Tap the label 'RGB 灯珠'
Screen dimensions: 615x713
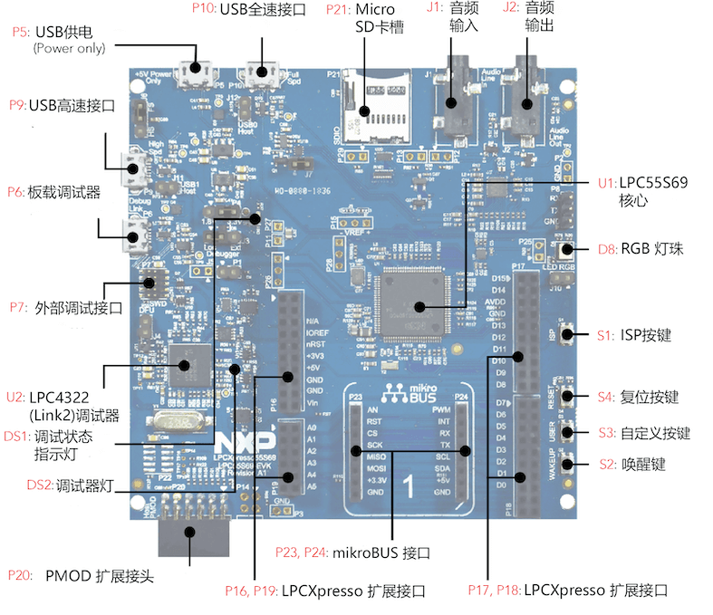(x=651, y=249)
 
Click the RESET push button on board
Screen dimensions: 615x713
(x=568, y=396)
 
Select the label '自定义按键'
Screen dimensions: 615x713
(x=656, y=432)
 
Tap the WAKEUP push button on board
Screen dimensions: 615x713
(x=568, y=466)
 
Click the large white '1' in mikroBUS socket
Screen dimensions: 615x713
(x=409, y=485)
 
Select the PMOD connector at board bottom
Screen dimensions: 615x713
(x=191, y=537)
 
